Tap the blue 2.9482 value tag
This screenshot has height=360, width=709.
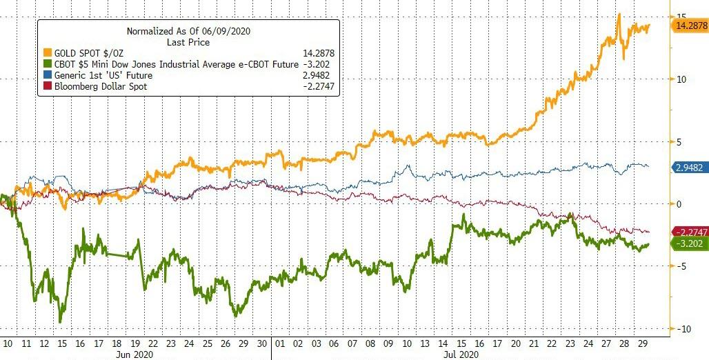click(x=690, y=167)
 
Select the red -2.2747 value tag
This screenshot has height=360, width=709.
click(x=690, y=232)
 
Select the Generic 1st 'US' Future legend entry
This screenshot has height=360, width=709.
click(x=103, y=74)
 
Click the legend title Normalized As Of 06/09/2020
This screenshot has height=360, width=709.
click(x=187, y=31)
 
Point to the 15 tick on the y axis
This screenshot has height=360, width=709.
click(x=681, y=16)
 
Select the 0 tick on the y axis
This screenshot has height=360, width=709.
click(x=679, y=204)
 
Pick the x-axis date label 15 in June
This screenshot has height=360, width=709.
click(x=63, y=342)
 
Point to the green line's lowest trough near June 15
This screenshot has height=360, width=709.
click(x=60, y=321)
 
